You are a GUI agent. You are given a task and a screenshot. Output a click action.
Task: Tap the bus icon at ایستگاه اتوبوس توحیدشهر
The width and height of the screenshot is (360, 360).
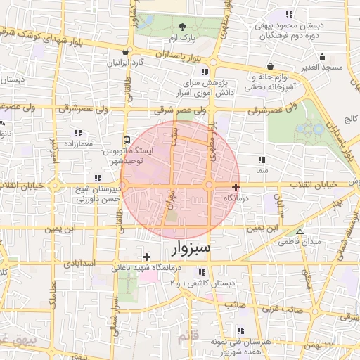pyautogui.click(x=127, y=140)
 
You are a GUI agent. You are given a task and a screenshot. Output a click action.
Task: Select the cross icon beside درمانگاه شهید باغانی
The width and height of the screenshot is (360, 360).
pyautogui.click(x=147, y=257)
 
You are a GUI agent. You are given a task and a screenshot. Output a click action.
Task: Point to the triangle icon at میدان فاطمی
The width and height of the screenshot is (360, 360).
pyautogui.click(x=300, y=231)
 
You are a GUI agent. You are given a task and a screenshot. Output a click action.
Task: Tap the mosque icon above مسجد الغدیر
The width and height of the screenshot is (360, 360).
pyautogui.click(x=322, y=57)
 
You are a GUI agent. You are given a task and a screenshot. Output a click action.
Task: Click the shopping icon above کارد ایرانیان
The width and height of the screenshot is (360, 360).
pyautogui.click(x=126, y=51)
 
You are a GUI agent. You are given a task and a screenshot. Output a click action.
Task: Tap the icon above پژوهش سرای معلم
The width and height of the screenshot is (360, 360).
pyautogui.click(x=205, y=72)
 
